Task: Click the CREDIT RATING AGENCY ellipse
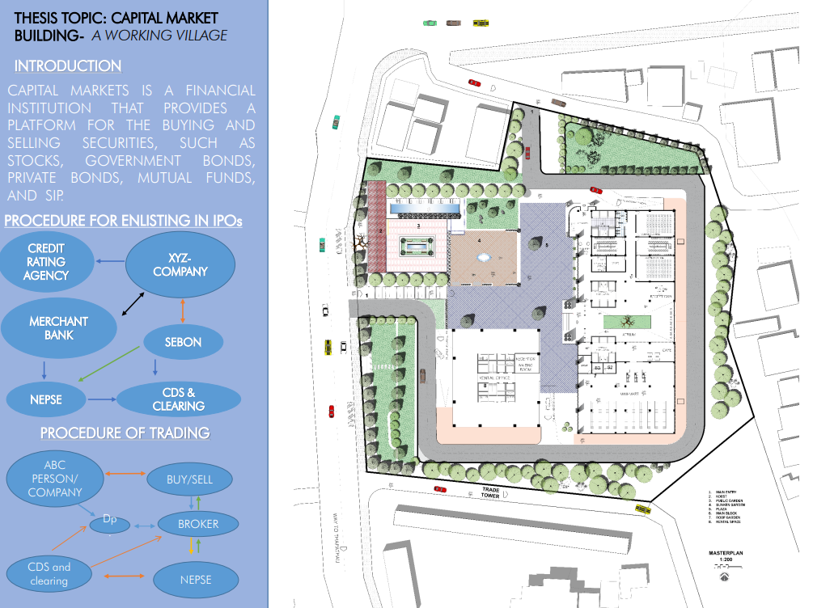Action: coord(46,261)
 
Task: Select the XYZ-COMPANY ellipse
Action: coord(180,264)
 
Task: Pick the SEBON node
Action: coord(183,341)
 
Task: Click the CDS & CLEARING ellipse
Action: coord(179,399)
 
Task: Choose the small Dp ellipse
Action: coord(110,521)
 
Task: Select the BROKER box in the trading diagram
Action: coord(198,524)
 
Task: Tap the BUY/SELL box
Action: coord(190,479)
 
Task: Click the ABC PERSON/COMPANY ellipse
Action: coord(55,479)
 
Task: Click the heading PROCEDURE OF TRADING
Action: coord(125,433)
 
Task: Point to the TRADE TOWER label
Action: coord(490,492)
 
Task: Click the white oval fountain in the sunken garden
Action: coord(484,257)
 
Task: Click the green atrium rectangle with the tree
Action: coord(626,323)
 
